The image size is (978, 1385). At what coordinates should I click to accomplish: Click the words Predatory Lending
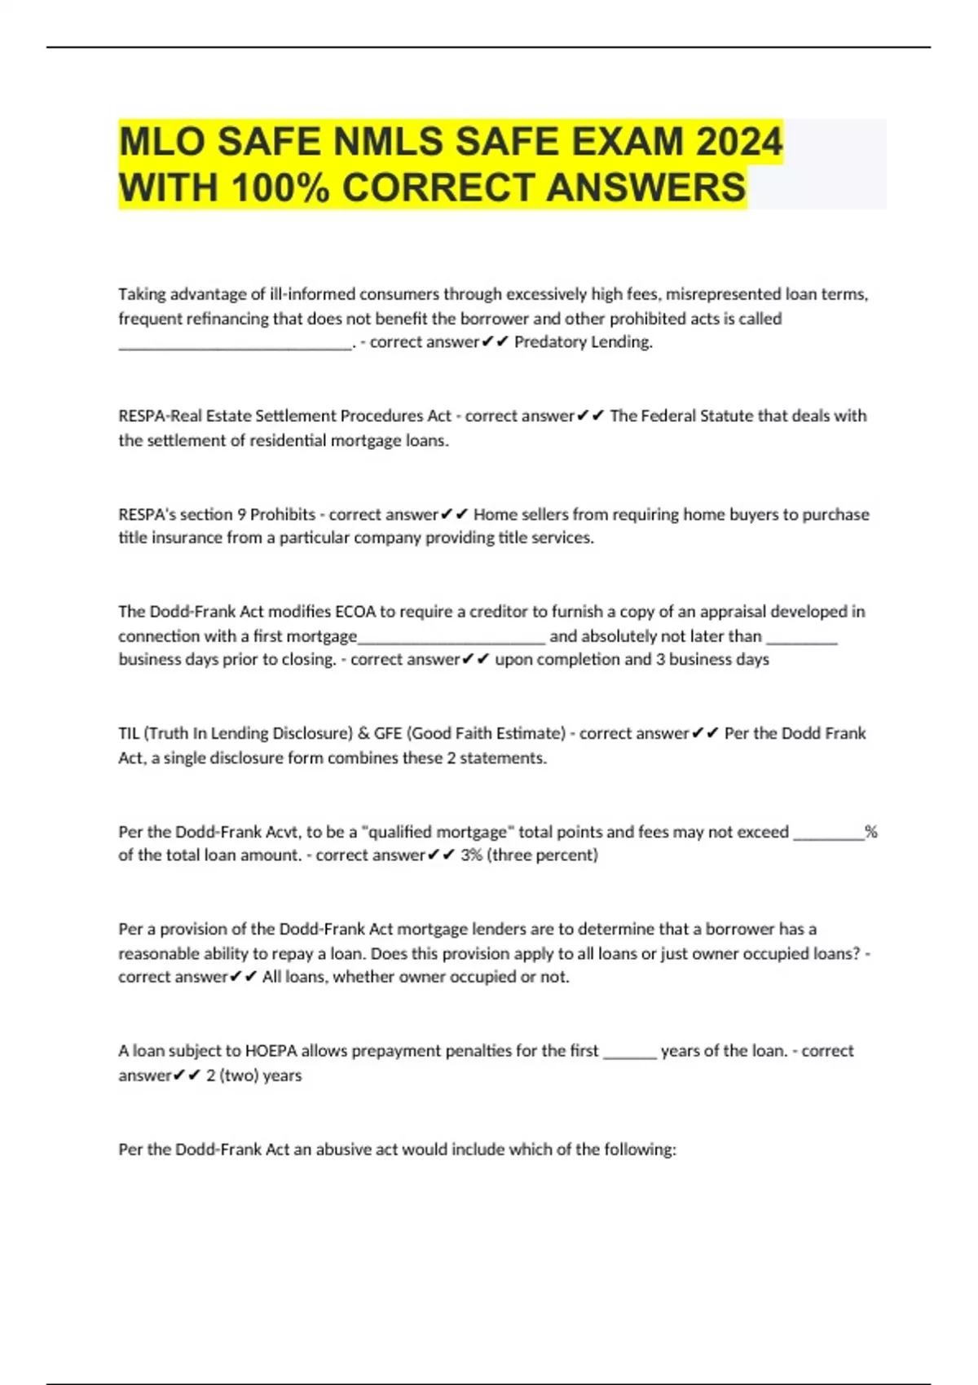584,342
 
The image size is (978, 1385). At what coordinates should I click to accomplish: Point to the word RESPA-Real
158,416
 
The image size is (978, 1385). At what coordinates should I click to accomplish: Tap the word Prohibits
282,515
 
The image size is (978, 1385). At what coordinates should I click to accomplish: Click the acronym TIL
129,733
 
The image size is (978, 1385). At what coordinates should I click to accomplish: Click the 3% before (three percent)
471,855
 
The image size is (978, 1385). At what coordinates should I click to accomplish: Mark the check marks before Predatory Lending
495,342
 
